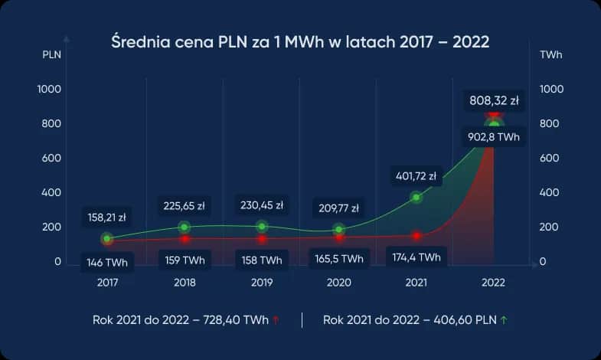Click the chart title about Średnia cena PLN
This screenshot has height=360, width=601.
click(x=300, y=41)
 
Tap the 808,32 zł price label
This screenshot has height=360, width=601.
click(x=494, y=100)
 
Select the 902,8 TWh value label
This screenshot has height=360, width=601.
click(x=494, y=137)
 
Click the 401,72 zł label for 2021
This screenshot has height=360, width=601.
click(x=416, y=176)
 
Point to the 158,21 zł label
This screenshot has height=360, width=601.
click(x=107, y=217)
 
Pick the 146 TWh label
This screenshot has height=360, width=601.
click(x=107, y=263)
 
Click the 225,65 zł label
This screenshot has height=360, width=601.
click(x=185, y=205)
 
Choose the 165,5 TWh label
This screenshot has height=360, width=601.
click(x=339, y=260)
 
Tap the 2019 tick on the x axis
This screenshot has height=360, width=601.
click(x=262, y=283)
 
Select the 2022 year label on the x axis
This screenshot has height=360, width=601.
click(x=493, y=283)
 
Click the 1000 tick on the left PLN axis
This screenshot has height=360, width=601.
click(x=50, y=90)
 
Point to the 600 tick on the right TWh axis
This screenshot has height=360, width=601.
click(x=550, y=159)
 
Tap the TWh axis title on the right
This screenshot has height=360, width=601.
click(x=550, y=55)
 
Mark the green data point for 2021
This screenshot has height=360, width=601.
click(x=416, y=198)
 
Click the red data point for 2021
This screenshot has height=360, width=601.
click(x=416, y=236)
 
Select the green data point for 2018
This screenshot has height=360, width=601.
click(x=185, y=227)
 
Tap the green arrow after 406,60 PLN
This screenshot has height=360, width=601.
click(x=503, y=320)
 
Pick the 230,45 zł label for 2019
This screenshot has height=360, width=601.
click(x=262, y=205)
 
